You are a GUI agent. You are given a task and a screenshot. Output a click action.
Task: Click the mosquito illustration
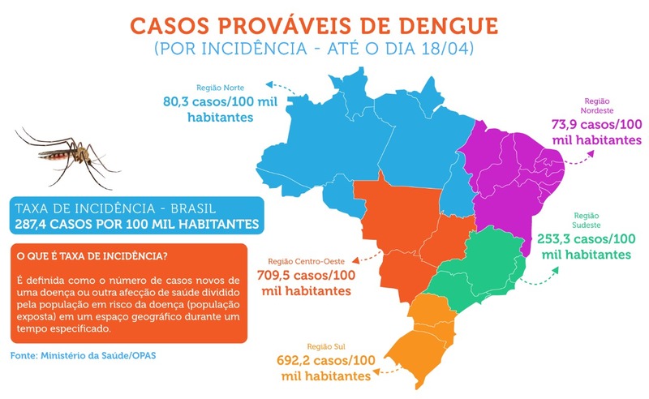(x=61, y=154)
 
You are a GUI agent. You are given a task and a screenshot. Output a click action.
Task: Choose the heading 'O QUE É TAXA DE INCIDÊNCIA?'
(x=92, y=256)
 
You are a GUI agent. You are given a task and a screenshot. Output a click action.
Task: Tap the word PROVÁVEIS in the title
(x=285, y=22)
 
